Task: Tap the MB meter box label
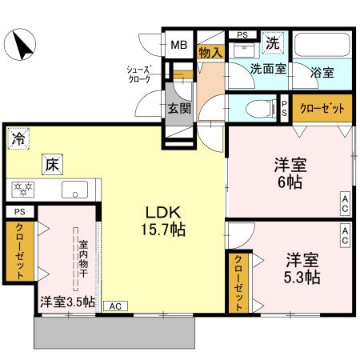(x=178, y=44)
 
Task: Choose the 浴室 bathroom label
(x=323, y=71)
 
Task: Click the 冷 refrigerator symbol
(x=18, y=138)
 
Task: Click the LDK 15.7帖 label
(x=165, y=221)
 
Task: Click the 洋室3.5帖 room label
(x=67, y=302)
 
